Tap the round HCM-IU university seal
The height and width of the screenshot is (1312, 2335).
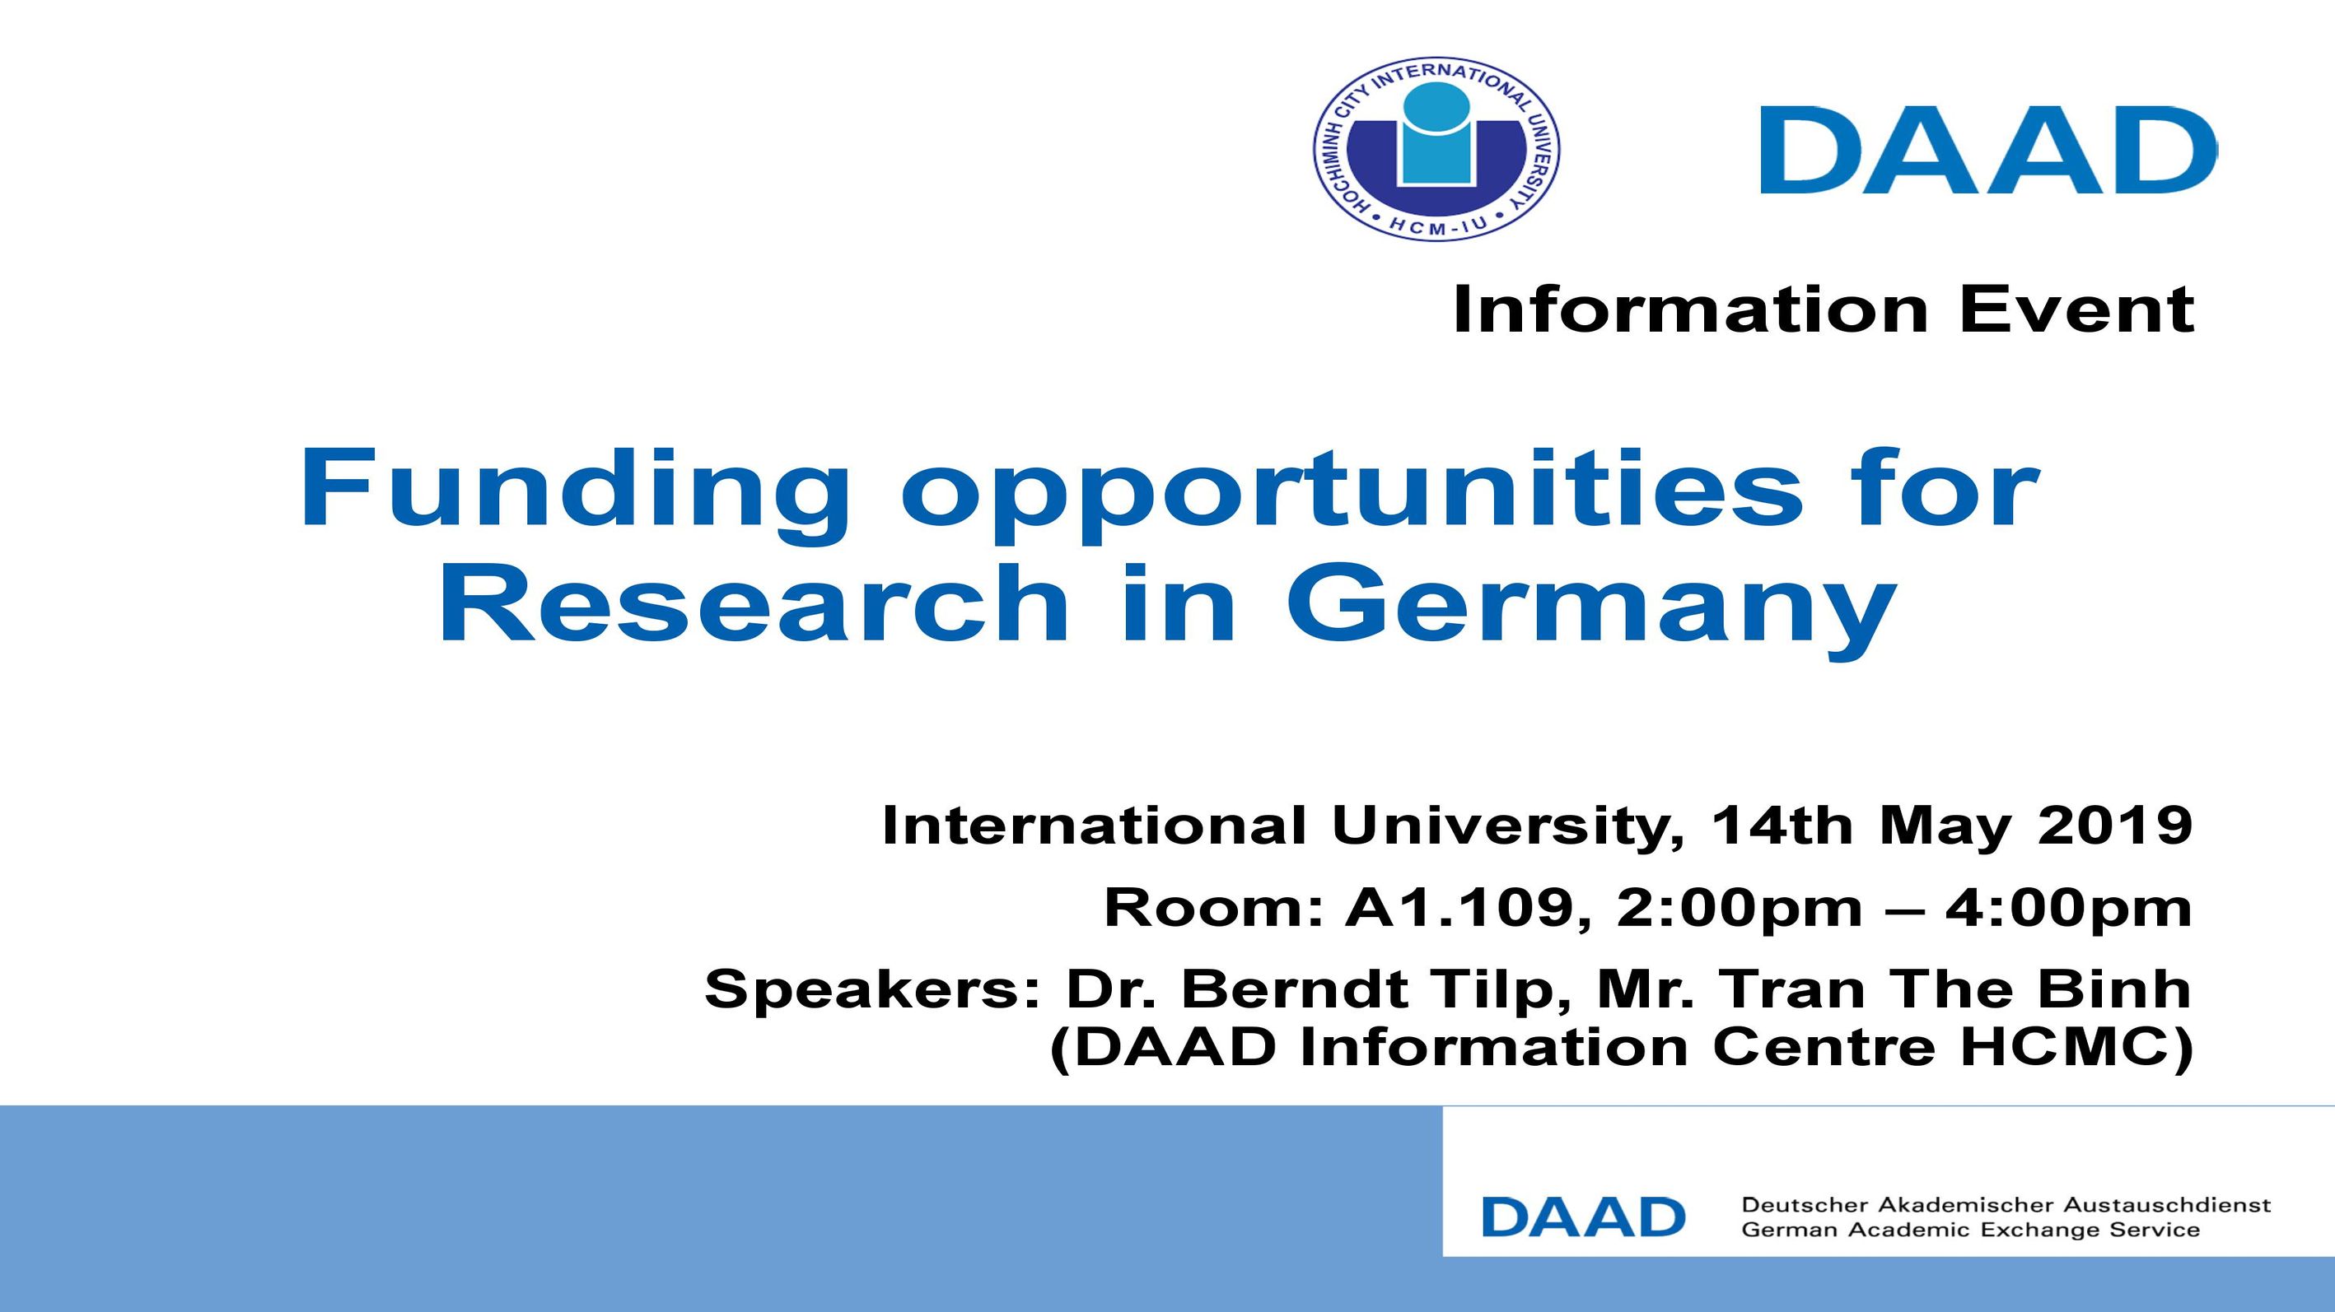coord(1436,150)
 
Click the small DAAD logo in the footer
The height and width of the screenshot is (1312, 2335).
coord(1584,1217)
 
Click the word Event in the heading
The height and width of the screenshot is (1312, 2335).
coord(2076,309)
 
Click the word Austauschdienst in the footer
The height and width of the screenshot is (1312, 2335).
coord(2166,1205)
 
